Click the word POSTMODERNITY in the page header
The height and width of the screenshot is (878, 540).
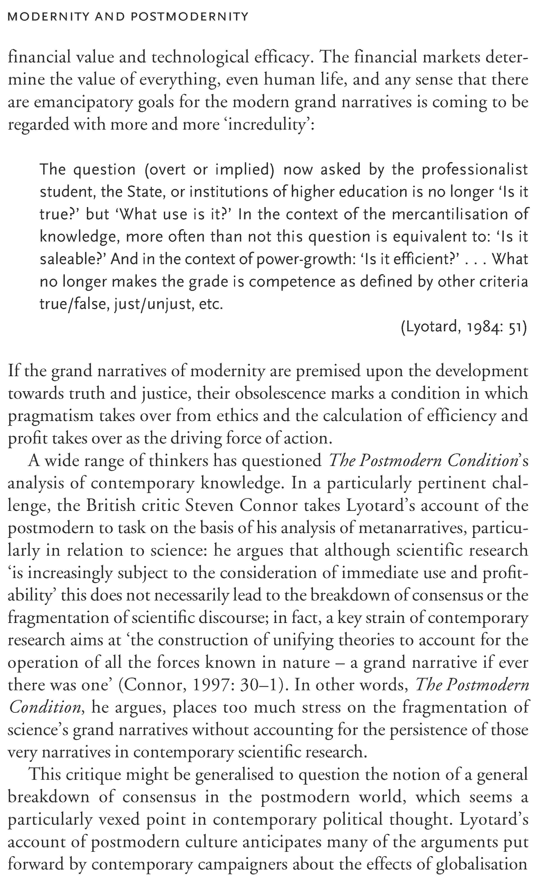pos(189,17)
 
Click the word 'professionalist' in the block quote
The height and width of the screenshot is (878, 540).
pos(475,170)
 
